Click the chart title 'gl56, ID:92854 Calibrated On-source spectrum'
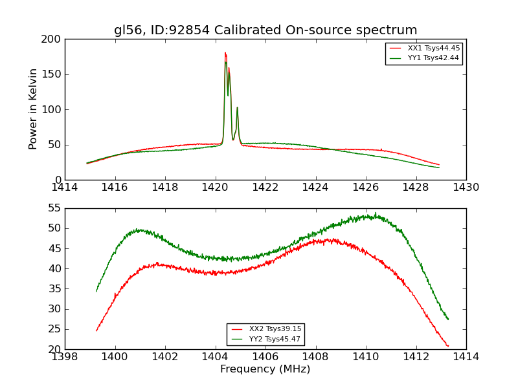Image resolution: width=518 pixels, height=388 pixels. pyautogui.click(x=265, y=30)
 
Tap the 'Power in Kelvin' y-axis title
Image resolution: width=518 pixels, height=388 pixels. pyautogui.click(x=33, y=109)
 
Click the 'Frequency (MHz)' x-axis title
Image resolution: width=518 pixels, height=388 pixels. pyautogui.click(x=265, y=369)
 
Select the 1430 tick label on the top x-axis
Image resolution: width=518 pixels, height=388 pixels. pyautogui.click(x=466, y=188)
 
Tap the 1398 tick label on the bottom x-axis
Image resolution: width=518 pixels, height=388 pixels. pyautogui.click(x=65, y=357)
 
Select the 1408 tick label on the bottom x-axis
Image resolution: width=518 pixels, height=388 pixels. pyautogui.click(x=316, y=357)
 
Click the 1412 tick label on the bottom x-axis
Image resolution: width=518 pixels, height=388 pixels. pyautogui.click(x=416, y=357)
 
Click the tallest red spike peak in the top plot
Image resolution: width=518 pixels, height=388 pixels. pyautogui.click(x=225, y=53)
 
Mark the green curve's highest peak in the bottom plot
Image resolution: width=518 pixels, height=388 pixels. pyautogui.click(x=375, y=213)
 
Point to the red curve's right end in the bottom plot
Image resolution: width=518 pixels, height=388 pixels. pyautogui.click(x=447, y=346)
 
